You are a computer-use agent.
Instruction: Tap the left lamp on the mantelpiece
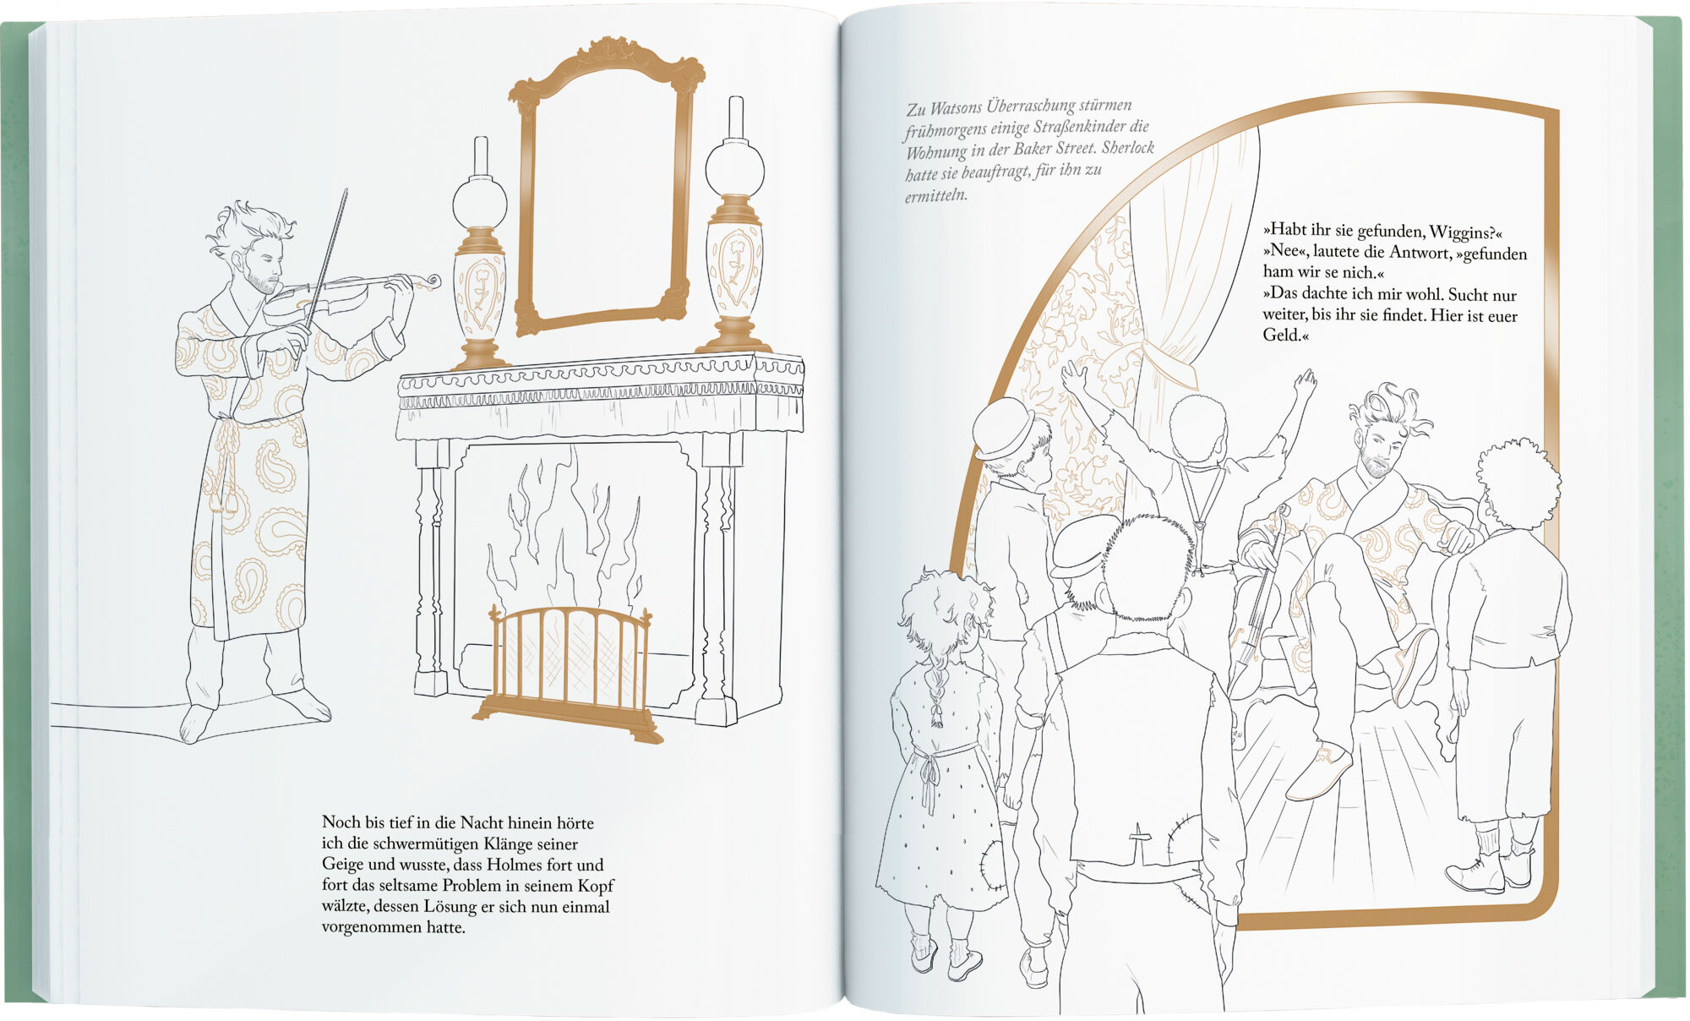(x=480, y=262)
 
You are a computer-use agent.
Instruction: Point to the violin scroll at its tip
(x=433, y=280)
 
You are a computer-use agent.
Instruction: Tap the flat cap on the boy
(x=1077, y=544)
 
